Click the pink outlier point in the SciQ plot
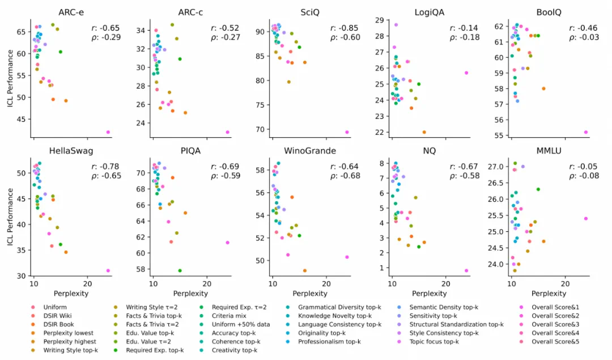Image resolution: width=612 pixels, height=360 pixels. point(347,132)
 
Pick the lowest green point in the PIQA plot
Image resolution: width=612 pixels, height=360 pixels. point(180,270)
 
